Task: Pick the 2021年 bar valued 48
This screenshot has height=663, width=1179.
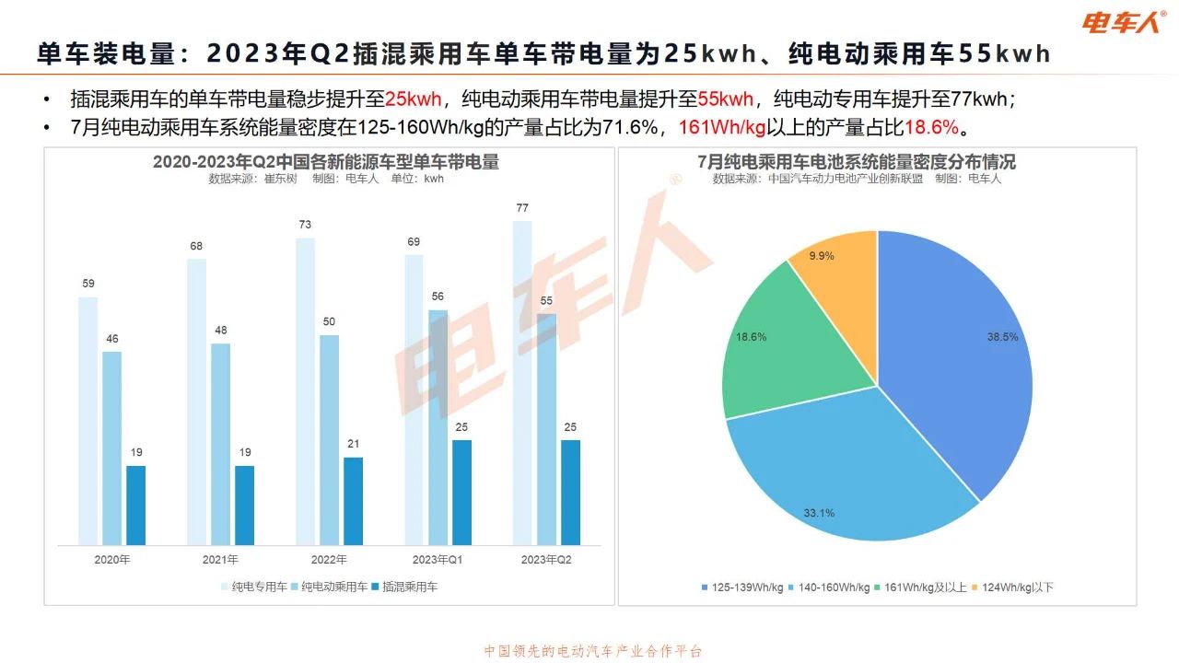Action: point(220,444)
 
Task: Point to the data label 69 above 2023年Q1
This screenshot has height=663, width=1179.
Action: point(414,242)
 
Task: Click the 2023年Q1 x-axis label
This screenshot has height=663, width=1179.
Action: point(438,559)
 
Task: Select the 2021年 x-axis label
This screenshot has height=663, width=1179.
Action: point(220,559)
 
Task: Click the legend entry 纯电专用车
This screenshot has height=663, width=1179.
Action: point(253,586)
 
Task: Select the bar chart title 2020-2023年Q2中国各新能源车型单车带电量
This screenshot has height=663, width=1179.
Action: point(326,162)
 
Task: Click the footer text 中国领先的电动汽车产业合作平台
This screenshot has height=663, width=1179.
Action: point(593,651)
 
